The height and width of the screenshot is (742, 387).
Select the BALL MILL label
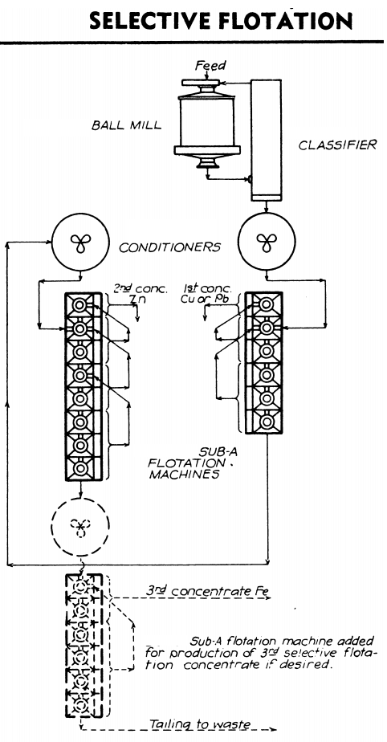(x=128, y=126)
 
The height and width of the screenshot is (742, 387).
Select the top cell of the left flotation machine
(x=79, y=305)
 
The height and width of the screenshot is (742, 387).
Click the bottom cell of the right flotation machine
(x=263, y=422)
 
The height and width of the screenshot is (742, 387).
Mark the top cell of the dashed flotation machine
(x=79, y=586)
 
